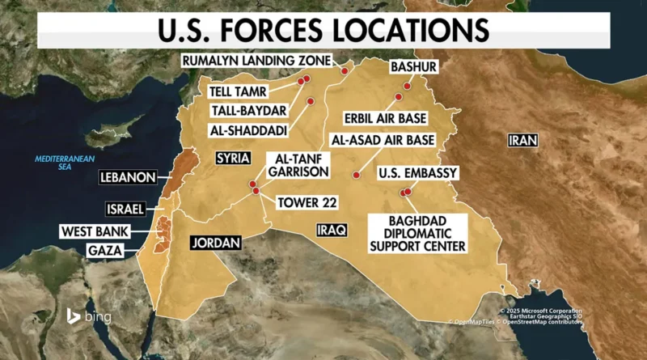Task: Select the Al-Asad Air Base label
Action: pos(384,140)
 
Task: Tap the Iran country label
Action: pos(523,141)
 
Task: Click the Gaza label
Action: pos(107,251)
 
